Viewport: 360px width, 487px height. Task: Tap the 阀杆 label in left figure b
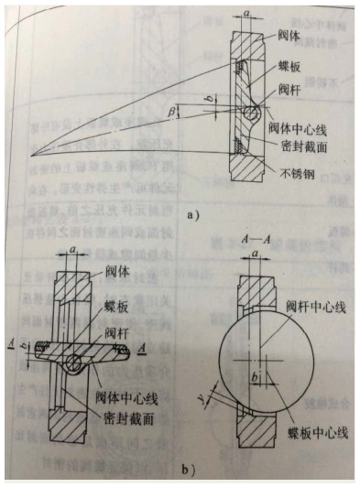click(117, 333)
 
